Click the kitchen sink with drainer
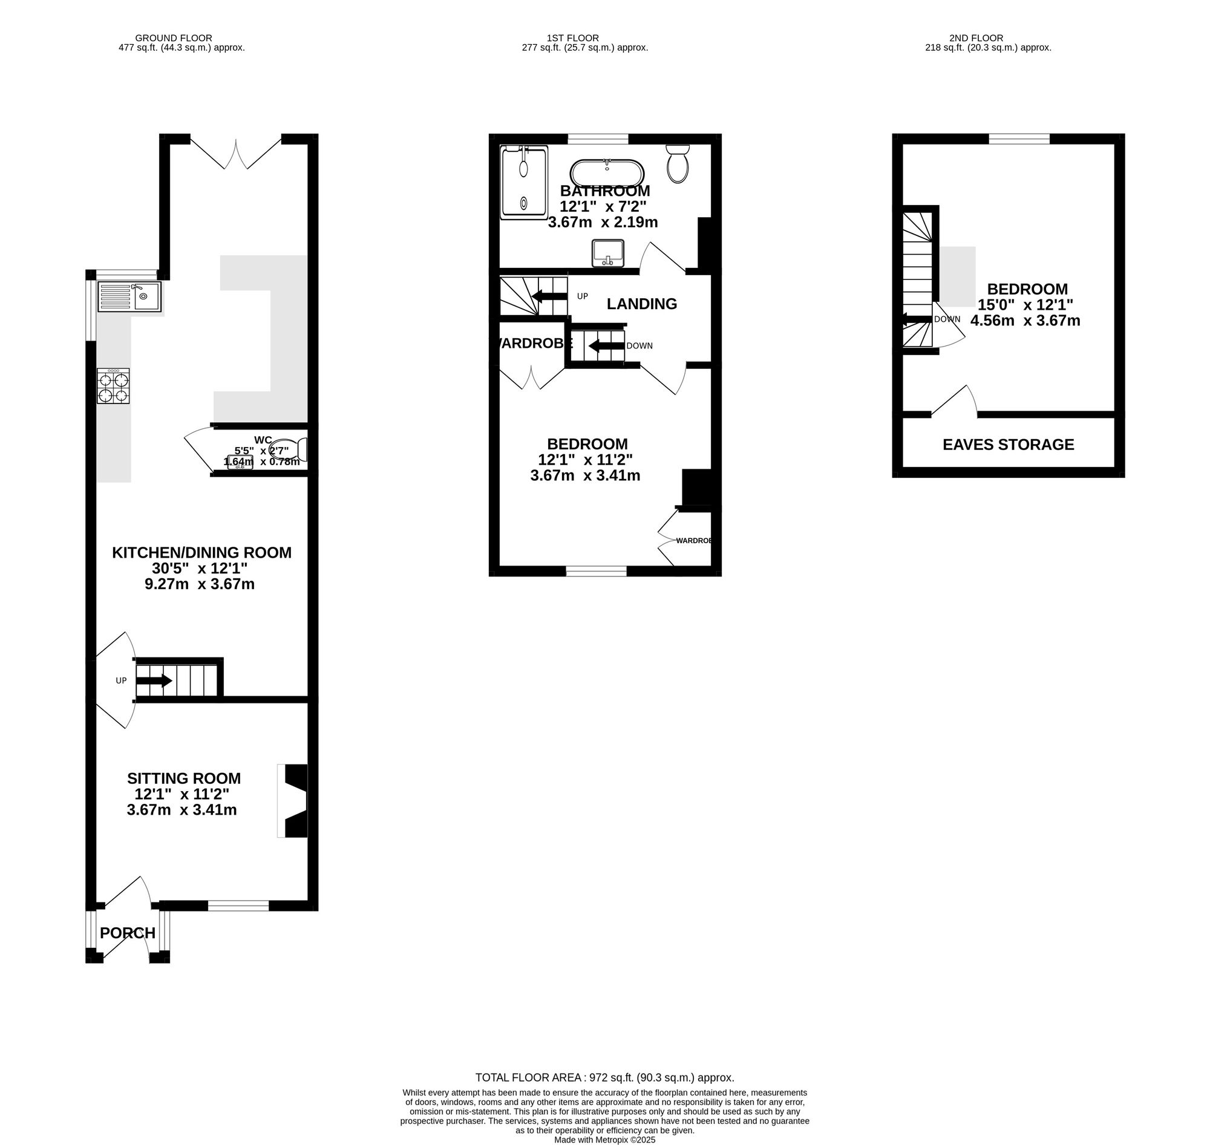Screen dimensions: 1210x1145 [x=129, y=296]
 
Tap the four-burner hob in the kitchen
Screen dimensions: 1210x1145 [x=113, y=385]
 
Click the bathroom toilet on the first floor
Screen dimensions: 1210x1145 [x=678, y=163]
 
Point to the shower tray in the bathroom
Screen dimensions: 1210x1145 [x=524, y=181]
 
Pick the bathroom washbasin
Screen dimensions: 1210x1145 [x=607, y=253]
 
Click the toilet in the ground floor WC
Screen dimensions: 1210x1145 [x=289, y=450]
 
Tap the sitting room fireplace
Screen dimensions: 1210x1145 [x=292, y=801]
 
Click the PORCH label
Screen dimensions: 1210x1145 [x=128, y=933]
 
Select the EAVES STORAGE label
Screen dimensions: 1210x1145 [x=1008, y=445]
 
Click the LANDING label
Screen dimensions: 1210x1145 [x=642, y=304]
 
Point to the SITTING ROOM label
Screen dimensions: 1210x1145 [x=184, y=778]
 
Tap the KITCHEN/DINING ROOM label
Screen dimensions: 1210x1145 [x=201, y=552]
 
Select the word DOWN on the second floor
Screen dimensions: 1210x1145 [x=947, y=319]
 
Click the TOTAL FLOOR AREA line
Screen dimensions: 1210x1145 [x=604, y=1078]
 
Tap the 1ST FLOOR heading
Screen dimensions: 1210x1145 [x=573, y=38]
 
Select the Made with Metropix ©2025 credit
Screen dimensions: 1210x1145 [x=604, y=1140]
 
